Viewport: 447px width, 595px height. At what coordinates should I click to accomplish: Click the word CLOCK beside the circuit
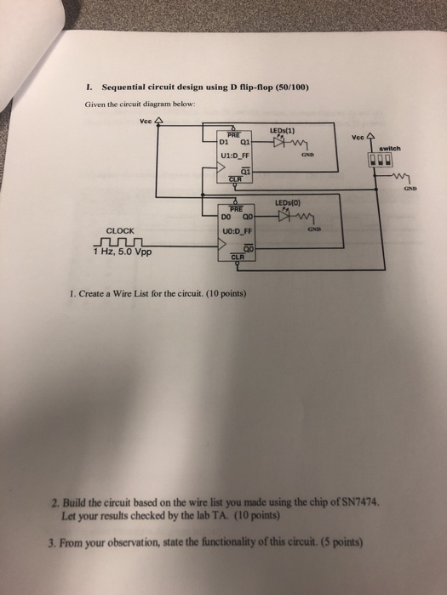pyautogui.click(x=119, y=229)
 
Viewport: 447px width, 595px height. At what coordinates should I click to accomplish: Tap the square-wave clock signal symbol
pyautogui.click(x=118, y=241)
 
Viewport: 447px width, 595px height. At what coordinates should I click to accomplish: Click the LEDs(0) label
pyautogui.click(x=287, y=202)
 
